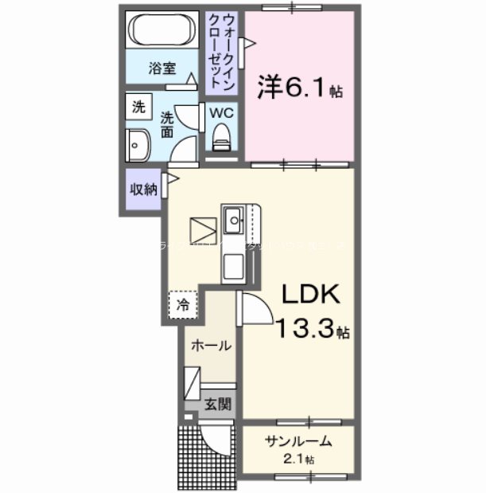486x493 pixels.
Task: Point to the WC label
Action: [220, 113]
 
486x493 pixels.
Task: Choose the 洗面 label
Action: [168, 126]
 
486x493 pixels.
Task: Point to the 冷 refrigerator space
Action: [183, 303]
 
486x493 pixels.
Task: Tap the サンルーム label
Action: [298, 443]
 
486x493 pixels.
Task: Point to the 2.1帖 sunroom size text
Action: [299, 460]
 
